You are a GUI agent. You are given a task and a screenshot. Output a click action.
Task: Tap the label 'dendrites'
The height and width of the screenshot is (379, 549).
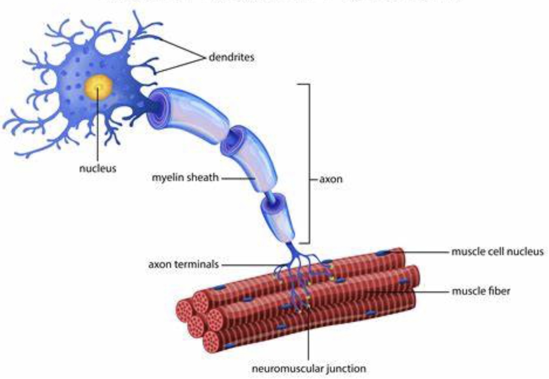[x=231, y=57]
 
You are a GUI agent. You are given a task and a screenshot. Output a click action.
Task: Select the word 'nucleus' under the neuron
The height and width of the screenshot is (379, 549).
[x=98, y=168]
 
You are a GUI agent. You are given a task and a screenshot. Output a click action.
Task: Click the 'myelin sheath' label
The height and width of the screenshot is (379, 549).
[x=185, y=178]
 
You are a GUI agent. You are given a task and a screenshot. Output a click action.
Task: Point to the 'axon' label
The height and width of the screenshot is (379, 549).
[x=330, y=179]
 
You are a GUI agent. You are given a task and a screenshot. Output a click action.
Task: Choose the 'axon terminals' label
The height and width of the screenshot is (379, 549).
[x=184, y=264]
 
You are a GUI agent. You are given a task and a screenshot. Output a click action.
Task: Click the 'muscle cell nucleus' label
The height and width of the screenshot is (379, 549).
[x=497, y=251]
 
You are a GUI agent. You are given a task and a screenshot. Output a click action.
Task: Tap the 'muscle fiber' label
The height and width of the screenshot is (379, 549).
[x=481, y=291]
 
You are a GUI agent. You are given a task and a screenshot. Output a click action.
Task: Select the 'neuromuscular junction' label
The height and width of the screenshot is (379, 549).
[x=308, y=368]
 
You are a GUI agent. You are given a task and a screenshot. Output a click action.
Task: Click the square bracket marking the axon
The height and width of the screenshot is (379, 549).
[x=309, y=165]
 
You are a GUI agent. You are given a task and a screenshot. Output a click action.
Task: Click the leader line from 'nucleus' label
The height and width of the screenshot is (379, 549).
[x=98, y=132]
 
